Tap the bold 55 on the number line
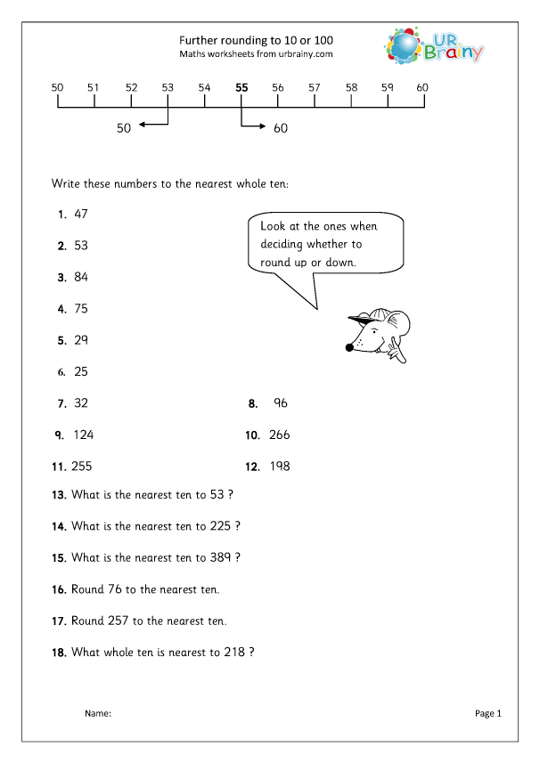click(241, 87)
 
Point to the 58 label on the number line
click(351, 87)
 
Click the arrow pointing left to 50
click(154, 125)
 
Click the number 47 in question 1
click(81, 214)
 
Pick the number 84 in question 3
click(81, 277)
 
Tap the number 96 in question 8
click(281, 402)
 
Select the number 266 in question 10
click(279, 434)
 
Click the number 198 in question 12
click(279, 466)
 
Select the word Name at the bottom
click(98, 713)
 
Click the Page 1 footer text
click(489, 713)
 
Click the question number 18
click(59, 653)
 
